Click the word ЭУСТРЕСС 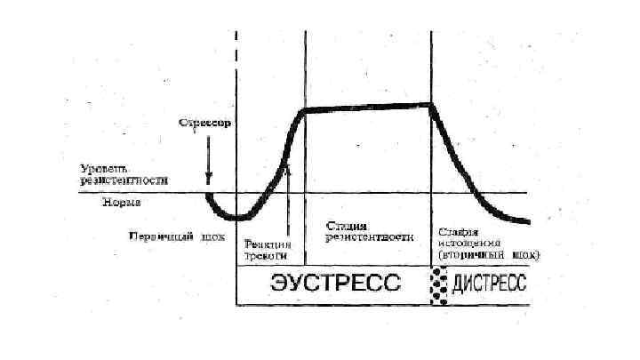pyautogui.click(x=335, y=284)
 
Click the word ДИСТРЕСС pyautogui.click(x=489, y=284)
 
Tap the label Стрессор pyautogui.click(x=205, y=124)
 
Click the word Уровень pyautogui.click(x=104, y=166)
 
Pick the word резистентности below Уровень pyautogui.click(x=124, y=179)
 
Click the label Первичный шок pyautogui.click(x=176, y=237)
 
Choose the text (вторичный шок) pyautogui.click(x=488, y=253)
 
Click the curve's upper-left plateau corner pyautogui.click(x=304, y=110)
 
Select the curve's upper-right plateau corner pyautogui.click(x=432, y=105)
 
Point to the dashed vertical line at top pyautogui.click(x=236, y=53)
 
